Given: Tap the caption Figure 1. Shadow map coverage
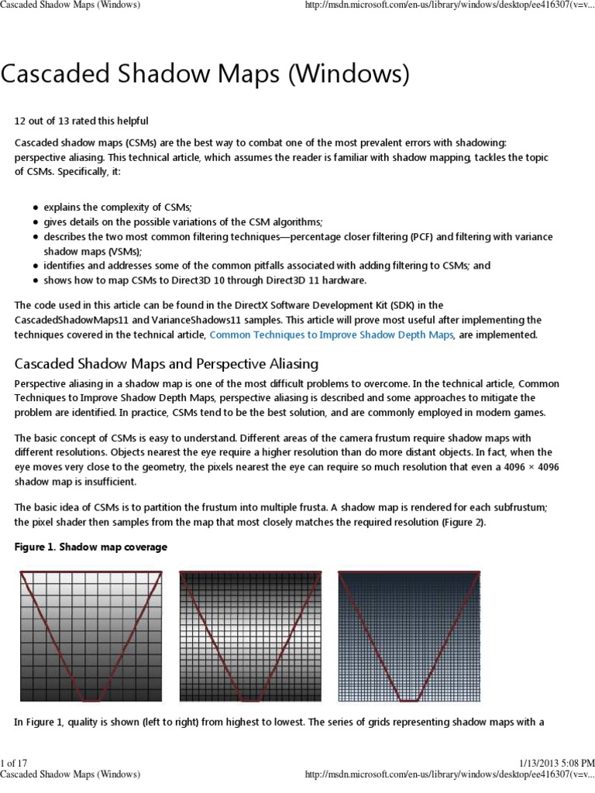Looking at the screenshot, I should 91,548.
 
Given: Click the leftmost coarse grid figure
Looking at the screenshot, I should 91,636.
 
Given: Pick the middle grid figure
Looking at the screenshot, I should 250,636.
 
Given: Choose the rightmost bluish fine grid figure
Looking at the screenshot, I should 409,636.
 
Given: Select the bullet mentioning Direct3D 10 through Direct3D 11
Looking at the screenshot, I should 205,280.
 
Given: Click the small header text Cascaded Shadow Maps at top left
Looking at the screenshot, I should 70,5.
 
